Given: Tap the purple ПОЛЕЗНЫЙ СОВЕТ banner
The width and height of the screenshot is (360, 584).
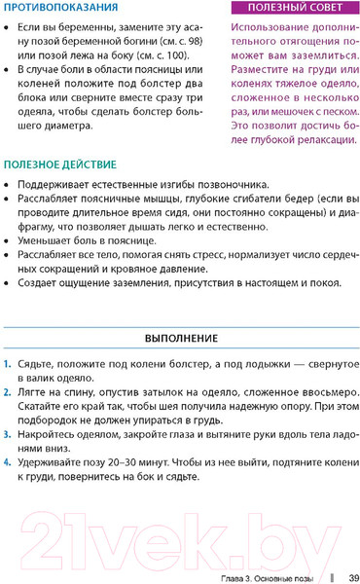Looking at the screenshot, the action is click(295, 9).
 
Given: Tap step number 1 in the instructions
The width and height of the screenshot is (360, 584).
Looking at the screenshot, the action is click(7, 363).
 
